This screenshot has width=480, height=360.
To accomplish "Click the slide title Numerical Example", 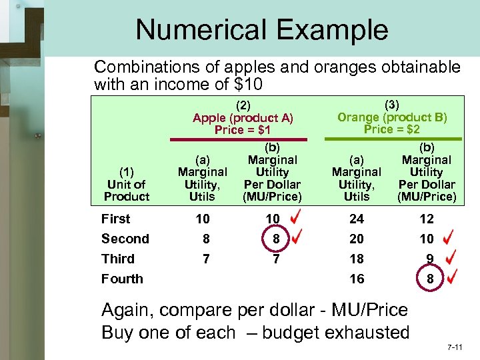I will tap(261, 30).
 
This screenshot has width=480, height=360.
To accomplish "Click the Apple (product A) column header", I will tap(243, 118).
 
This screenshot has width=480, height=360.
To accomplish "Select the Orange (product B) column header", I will tap(392, 117).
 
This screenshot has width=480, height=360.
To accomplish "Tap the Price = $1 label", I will tap(243, 130).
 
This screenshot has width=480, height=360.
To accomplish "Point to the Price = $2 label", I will tap(392, 129).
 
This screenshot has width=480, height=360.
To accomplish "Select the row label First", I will tap(116, 219).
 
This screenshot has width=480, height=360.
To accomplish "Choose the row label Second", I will tap(125, 239).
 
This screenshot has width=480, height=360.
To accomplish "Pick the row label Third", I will tap(118, 259).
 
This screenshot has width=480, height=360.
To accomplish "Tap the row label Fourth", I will tap(122, 279).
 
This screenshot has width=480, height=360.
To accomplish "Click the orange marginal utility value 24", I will tap(357, 219).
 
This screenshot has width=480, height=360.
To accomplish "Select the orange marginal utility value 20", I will tap(357, 239).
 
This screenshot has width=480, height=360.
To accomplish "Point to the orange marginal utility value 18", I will tap(357, 259).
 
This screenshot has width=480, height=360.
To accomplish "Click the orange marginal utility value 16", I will tap(357, 279).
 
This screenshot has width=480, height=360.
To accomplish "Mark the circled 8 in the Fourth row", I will tap(430, 279).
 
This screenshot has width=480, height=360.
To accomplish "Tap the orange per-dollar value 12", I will tap(427, 219).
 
